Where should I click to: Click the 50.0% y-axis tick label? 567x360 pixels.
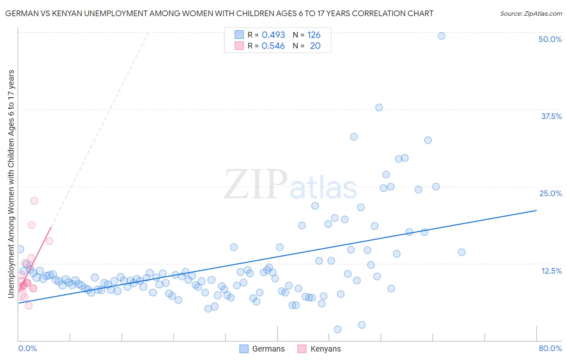(550, 39)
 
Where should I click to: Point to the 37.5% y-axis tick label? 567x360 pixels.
(551, 116)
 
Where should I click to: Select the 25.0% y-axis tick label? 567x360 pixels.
(550, 193)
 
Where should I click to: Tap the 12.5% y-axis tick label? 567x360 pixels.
(551, 271)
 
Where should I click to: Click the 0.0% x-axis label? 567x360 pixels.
(27, 348)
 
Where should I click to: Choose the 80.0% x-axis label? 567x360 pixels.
(550, 348)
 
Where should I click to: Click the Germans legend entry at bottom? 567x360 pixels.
(262, 349)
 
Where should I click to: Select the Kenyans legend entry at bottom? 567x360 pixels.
(319, 349)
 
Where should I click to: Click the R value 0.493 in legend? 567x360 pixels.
(273, 35)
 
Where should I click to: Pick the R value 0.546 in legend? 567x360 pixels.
(273, 46)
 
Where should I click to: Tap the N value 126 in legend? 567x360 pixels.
(314, 35)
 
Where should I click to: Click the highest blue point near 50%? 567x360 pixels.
(442, 36)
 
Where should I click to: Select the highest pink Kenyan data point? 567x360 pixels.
(34, 201)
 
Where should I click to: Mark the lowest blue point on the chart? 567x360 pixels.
(338, 329)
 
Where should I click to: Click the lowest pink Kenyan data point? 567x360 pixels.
(29, 306)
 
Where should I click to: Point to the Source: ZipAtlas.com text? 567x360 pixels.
(531, 14)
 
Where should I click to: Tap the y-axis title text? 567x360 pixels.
(11, 184)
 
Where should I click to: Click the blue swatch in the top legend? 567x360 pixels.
(239, 35)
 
